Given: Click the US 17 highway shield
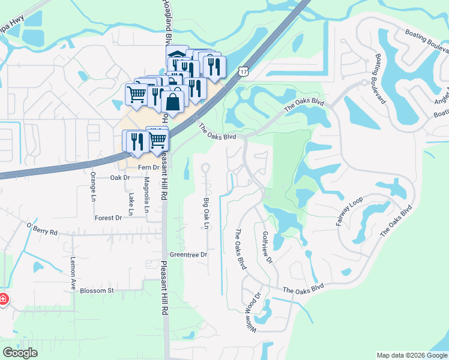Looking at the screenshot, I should (243, 71).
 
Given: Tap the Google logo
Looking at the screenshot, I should (20, 353).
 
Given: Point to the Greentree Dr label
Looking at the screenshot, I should (188, 254).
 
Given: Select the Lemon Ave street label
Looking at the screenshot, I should (73, 274).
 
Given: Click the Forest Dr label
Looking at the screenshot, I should (108, 218).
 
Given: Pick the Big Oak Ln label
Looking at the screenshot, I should (206, 213).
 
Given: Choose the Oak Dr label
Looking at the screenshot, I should (120, 178).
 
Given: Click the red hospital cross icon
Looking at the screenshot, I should (3, 299).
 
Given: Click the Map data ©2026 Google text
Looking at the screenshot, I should (411, 355).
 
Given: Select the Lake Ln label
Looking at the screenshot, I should (131, 200).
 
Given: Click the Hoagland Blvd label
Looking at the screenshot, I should (163, 21).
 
